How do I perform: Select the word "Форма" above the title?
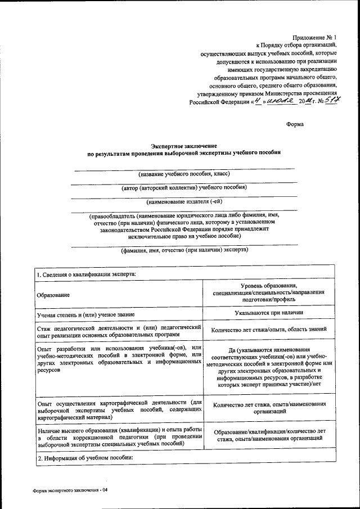[295, 124]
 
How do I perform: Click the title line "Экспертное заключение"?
[184, 146]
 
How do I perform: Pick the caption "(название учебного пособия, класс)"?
[184, 174]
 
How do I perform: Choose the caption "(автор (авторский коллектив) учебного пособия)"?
[184, 187]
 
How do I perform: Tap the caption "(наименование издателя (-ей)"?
[184, 201]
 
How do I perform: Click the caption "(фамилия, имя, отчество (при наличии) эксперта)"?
[184, 250]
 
